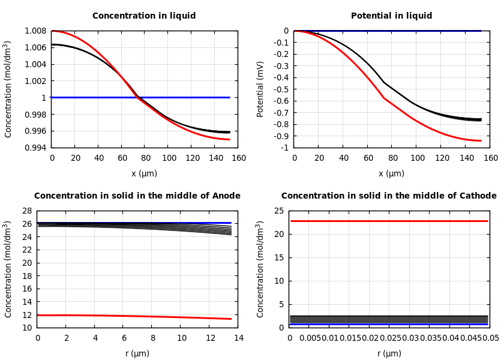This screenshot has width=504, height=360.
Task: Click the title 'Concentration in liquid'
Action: (x=144, y=16)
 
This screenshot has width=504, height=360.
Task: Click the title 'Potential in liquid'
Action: (x=391, y=16)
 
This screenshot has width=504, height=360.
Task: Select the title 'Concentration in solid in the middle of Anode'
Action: (x=137, y=196)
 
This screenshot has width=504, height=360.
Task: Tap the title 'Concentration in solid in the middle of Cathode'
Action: (x=389, y=196)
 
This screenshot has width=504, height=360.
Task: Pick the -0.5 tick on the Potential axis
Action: (x=281, y=89)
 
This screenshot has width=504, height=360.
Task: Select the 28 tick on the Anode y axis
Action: (x=26, y=211)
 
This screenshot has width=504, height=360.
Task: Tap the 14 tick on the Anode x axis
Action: (x=238, y=338)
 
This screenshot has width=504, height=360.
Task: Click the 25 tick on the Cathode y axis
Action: (x=278, y=211)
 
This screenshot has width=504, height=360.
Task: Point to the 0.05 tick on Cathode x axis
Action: (x=491, y=338)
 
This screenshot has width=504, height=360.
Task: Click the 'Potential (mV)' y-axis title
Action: (x=260, y=89)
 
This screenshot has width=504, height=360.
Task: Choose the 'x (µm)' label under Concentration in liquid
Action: (x=144, y=174)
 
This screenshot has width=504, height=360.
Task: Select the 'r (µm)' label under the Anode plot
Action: (x=137, y=353)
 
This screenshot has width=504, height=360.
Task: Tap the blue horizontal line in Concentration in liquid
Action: (x=180, y=97)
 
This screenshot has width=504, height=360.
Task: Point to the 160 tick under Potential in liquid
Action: (x=491, y=158)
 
